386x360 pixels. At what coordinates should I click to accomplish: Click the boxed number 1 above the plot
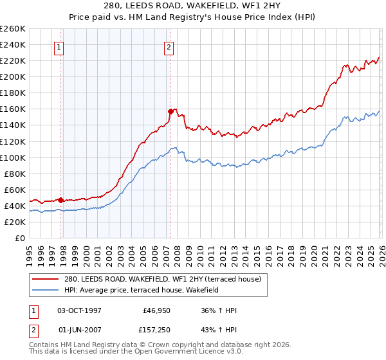point(59,47)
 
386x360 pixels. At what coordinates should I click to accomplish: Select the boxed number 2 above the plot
point(169,47)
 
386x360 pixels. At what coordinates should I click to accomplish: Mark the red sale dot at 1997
point(60,200)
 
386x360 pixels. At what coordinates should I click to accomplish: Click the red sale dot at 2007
point(170,111)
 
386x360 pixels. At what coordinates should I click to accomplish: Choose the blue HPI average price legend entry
point(142,291)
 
